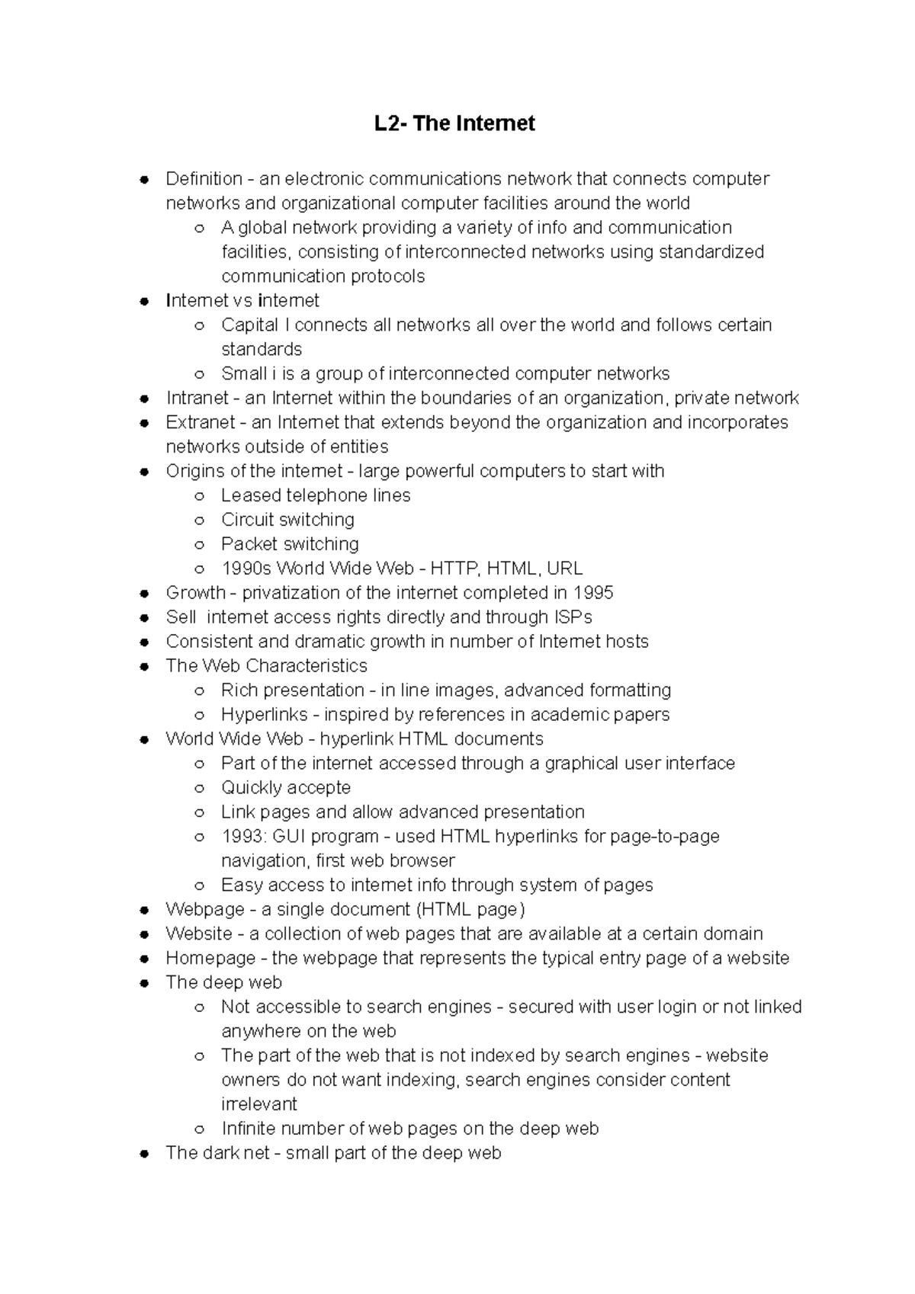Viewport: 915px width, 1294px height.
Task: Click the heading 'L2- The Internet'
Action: point(454,123)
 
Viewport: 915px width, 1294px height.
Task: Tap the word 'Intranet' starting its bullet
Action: point(197,398)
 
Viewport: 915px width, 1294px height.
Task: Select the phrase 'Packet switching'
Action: point(290,544)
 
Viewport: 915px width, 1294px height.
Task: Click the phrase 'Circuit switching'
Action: point(287,520)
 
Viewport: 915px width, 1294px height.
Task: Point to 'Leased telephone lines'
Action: point(316,495)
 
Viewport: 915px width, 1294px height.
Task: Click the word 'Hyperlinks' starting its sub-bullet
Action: point(265,715)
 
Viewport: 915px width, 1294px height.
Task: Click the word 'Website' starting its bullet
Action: point(199,934)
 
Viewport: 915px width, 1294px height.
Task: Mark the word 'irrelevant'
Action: point(259,1104)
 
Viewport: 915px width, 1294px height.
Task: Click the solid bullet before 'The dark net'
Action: point(143,1154)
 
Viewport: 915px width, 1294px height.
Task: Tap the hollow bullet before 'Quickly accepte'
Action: point(199,788)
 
